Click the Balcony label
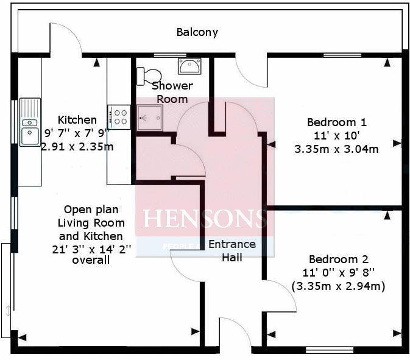197,32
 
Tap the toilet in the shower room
146,75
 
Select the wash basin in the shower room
186,65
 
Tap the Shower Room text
172,92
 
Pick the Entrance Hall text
232,250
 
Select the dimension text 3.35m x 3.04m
336,149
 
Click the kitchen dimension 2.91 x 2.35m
77,146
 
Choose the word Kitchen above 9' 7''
77,119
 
